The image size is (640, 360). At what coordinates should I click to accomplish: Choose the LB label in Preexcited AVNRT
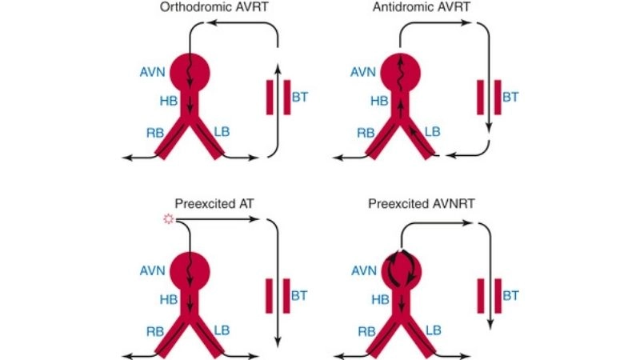pos(433,329)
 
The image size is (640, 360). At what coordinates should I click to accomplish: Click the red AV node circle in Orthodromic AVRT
pos(189,72)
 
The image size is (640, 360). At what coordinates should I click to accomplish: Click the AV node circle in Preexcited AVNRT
pos(402,269)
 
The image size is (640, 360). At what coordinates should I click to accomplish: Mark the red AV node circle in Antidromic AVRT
pos(402,72)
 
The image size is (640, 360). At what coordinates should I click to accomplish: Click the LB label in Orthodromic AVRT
pos(220,131)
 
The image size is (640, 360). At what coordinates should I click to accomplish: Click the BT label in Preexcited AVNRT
pos(510,295)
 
